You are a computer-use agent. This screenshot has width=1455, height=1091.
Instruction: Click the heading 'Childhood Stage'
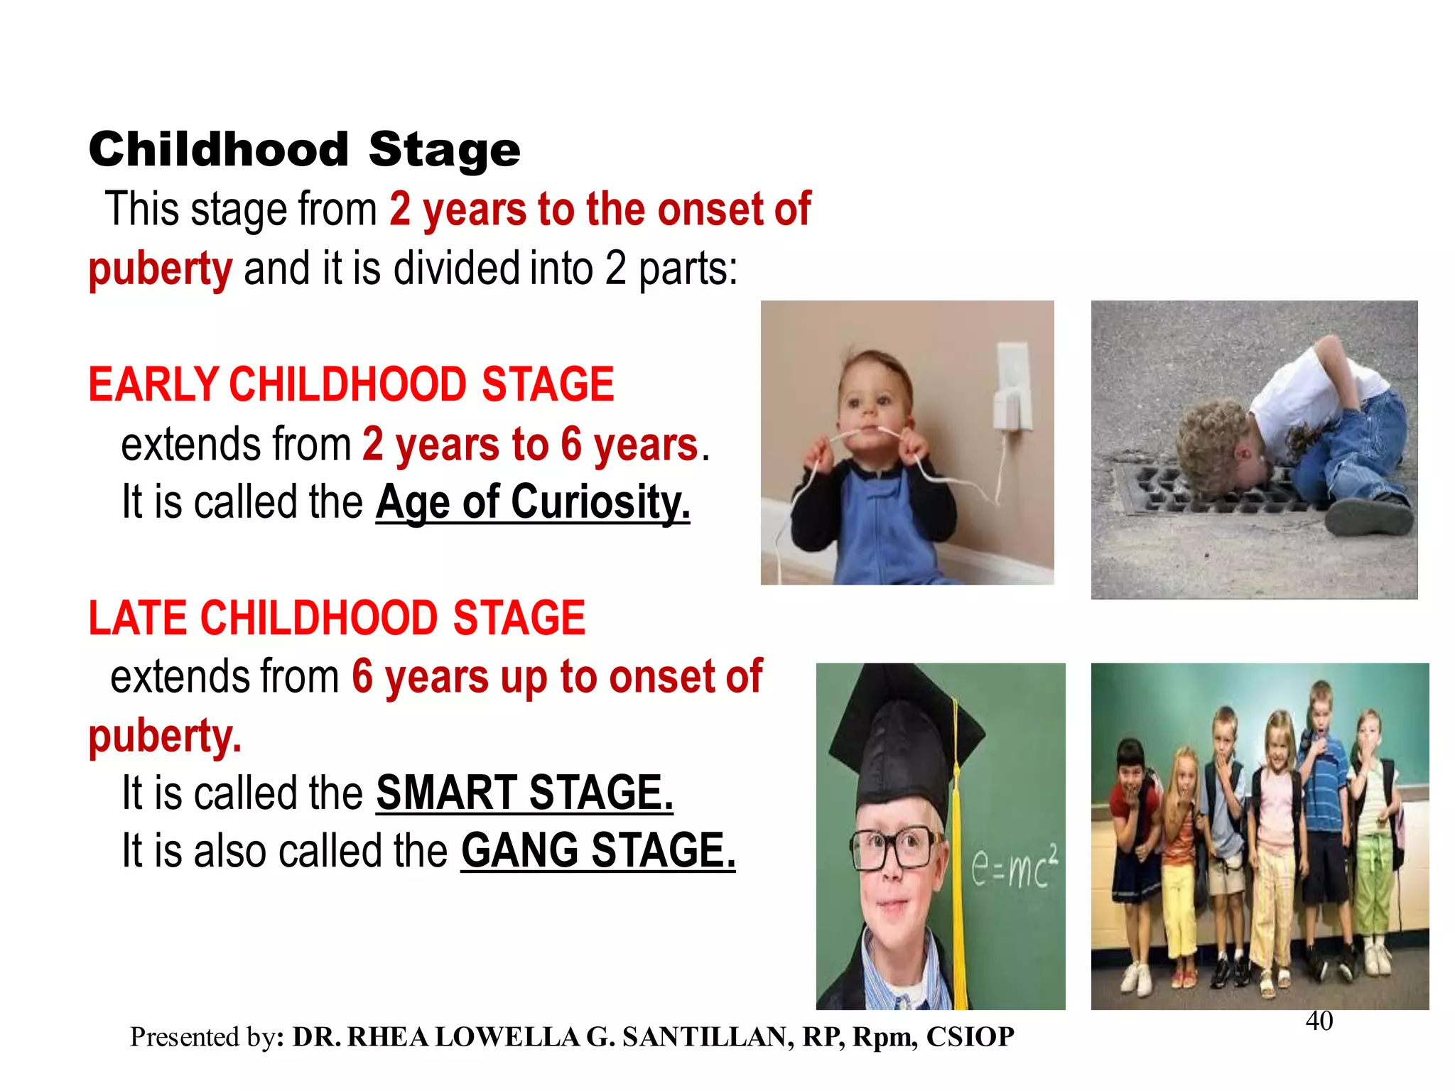point(304,150)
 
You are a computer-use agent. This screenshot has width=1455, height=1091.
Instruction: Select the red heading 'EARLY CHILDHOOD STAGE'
point(351,384)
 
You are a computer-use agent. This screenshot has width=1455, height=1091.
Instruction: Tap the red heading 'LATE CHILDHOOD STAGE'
point(337,617)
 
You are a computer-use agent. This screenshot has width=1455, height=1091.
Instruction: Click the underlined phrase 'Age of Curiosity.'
point(532,502)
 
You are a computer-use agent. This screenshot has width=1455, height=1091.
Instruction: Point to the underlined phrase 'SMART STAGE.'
point(524,793)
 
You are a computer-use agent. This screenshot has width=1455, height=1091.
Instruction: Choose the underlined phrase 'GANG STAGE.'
point(597,851)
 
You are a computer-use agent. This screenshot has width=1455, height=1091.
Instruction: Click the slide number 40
point(1319,1021)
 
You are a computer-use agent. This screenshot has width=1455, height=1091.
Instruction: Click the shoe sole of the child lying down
point(1368,518)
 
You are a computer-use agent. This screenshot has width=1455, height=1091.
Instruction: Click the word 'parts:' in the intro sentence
point(688,268)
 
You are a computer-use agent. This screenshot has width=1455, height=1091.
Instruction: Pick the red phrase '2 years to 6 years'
point(530,445)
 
